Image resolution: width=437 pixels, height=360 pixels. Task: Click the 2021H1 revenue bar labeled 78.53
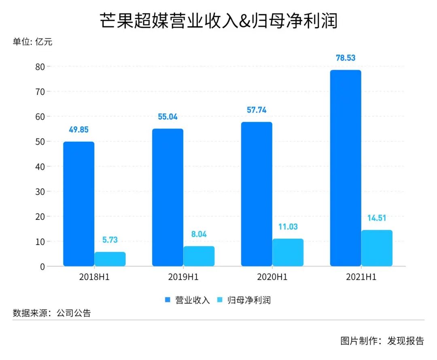tap(346, 168)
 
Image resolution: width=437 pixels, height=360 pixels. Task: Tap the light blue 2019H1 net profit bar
tap(199, 256)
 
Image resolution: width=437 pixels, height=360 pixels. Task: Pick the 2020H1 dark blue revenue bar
tap(257, 194)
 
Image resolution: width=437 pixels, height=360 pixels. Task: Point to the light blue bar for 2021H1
tap(377, 248)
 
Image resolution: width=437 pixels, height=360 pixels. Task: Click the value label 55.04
tap(168, 117)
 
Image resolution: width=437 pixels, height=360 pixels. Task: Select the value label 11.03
tap(288, 227)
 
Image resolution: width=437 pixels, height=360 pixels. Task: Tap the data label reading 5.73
tap(110, 240)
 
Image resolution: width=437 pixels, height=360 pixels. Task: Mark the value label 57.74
tap(257, 110)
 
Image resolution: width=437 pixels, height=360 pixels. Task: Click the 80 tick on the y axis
tap(39, 66)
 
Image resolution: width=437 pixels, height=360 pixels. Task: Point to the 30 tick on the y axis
tap(39, 192)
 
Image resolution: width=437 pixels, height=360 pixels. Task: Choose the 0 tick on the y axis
tap(41, 266)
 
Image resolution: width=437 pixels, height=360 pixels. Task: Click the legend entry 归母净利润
tap(248, 300)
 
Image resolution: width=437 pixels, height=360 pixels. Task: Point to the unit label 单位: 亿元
tap(32, 42)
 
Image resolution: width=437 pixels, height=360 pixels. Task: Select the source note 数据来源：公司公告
tap(52, 313)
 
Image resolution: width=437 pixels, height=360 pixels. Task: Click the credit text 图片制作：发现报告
tap(382, 341)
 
